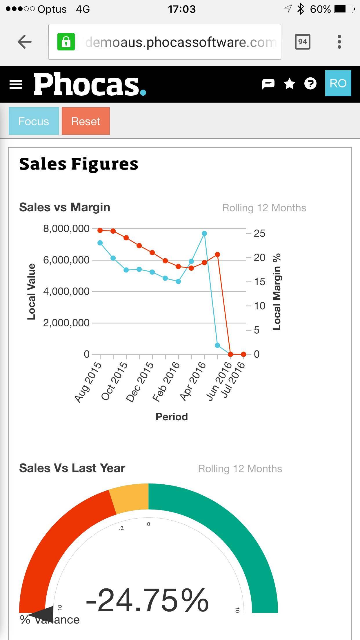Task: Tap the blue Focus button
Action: (x=34, y=121)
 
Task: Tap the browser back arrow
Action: (x=25, y=42)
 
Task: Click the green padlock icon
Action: (x=66, y=42)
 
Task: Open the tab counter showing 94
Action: (x=302, y=42)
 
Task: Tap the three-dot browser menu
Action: (x=339, y=42)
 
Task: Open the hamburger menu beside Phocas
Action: (x=16, y=84)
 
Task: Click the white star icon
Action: (x=289, y=84)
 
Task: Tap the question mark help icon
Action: (x=310, y=84)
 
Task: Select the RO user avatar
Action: (x=338, y=83)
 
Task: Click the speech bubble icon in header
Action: (x=268, y=84)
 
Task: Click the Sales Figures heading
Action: (x=79, y=164)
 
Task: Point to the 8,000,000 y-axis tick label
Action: (x=66, y=229)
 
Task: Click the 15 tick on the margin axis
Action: (x=259, y=282)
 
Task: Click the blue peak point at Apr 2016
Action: (x=204, y=233)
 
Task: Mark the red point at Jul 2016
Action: (x=243, y=354)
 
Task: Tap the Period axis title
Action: (x=172, y=417)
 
